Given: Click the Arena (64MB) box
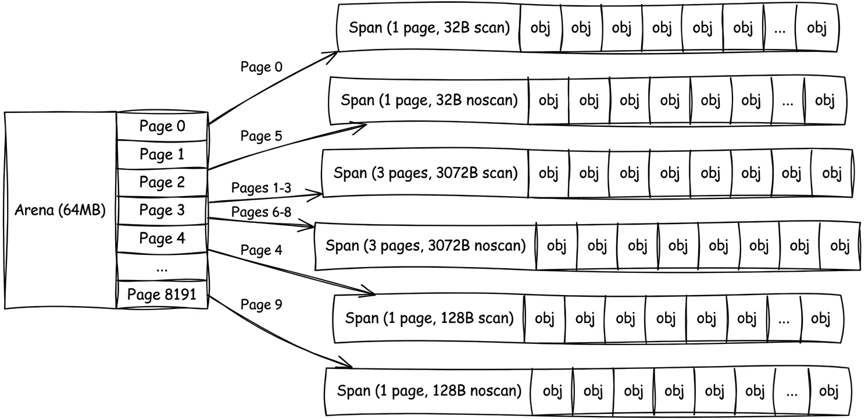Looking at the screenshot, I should (60, 210).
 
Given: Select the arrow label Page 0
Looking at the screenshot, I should (262, 67).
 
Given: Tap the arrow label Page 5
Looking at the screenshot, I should (262, 137).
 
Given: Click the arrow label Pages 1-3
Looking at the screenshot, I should (262, 188).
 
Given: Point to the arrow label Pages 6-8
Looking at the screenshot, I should (262, 212).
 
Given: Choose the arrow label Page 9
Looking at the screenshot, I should (262, 304).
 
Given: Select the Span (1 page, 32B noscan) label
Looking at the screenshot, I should (429, 100).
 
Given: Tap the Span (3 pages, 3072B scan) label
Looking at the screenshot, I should (425, 173).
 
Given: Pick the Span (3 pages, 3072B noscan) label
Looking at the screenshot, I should (425, 246).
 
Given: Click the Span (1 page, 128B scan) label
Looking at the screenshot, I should (429, 318).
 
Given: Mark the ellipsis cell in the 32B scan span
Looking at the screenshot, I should (780, 29).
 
